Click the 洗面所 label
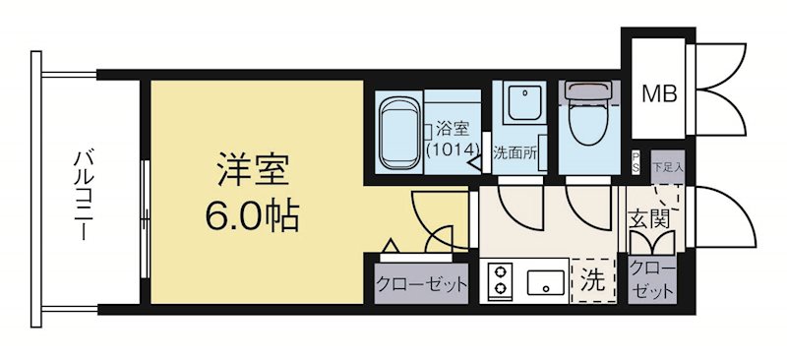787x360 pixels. pyautogui.click(x=513, y=152)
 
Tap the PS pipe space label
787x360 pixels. pyautogui.click(x=636, y=163)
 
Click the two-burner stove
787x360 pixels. pyautogui.click(x=499, y=278)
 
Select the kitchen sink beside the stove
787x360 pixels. pyautogui.click(x=544, y=282)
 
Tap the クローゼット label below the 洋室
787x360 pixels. pyautogui.click(x=421, y=285)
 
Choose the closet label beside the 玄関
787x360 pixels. pyautogui.click(x=652, y=279)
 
